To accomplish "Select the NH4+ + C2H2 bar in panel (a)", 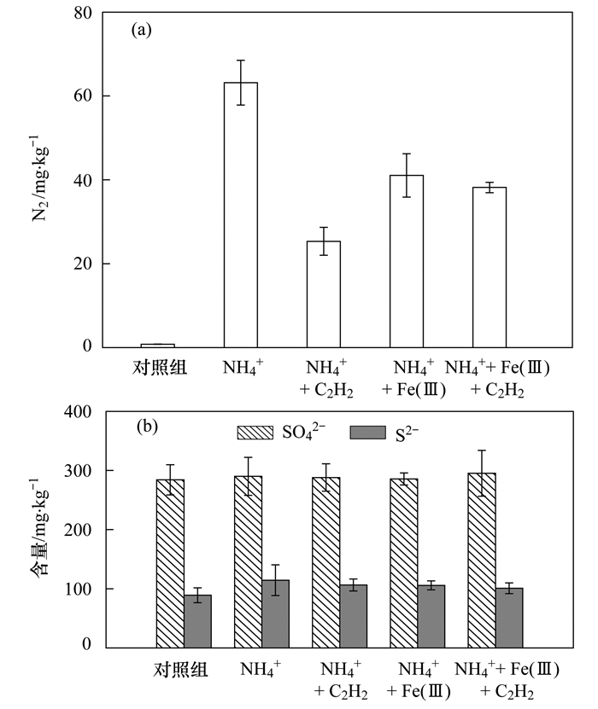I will click(x=324, y=294).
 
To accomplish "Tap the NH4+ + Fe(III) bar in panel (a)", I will click(x=407, y=261).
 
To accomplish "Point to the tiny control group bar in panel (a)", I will click(x=157, y=346).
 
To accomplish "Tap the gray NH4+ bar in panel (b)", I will click(x=275, y=612).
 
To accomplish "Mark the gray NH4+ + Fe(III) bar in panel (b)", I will click(x=431, y=614).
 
